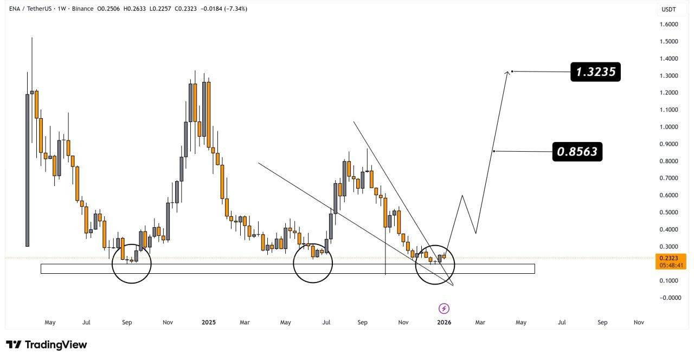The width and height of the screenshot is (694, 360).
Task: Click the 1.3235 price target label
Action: click(595, 72)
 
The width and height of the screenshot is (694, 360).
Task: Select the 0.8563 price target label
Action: click(577, 152)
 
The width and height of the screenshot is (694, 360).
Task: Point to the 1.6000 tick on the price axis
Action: click(669, 24)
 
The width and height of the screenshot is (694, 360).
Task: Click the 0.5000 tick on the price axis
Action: click(669, 212)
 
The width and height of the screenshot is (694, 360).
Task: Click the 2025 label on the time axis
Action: click(209, 322)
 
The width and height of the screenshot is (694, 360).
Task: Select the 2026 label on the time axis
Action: click(444, 322)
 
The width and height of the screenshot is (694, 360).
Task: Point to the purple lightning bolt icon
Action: click(444, 308)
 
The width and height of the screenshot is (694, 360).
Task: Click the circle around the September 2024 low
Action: click(132, 263)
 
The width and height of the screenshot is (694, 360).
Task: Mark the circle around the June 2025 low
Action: click(313, 263)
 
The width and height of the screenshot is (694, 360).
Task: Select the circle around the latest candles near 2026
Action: click(435, 265)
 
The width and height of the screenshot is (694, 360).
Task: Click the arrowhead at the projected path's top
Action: click(508, 72)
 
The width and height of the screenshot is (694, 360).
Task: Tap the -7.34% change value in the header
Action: click(237, 9)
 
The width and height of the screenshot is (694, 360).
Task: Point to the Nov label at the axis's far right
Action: click(639, 322)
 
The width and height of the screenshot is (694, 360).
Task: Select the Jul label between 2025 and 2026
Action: click(327, 322)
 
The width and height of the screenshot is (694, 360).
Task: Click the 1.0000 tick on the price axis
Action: click(669, 127)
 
